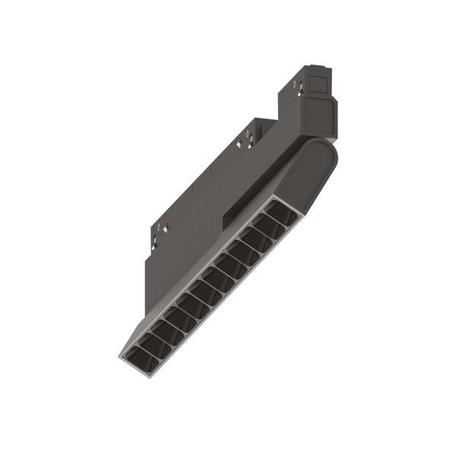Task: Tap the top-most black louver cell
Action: [x=281, y=214]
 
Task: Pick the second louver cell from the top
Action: [x=268, y=226]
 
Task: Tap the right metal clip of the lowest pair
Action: [x=164, y=228]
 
